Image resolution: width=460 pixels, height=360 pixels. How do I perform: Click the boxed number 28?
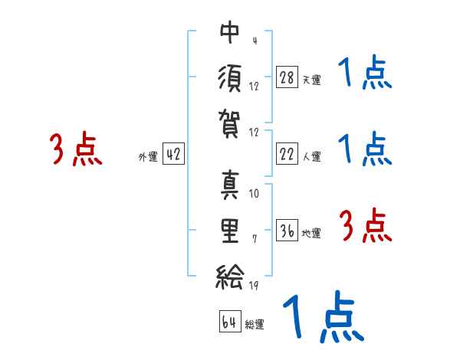287,77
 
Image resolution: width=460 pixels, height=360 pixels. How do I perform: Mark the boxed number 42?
173,154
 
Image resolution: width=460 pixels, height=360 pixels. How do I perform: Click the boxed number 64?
229,322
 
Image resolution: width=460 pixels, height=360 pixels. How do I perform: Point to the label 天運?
311,80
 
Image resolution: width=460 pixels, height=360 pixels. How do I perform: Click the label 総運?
255,325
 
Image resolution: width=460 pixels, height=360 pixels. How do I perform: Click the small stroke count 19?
254,286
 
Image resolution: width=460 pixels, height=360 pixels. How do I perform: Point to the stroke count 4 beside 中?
254,41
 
